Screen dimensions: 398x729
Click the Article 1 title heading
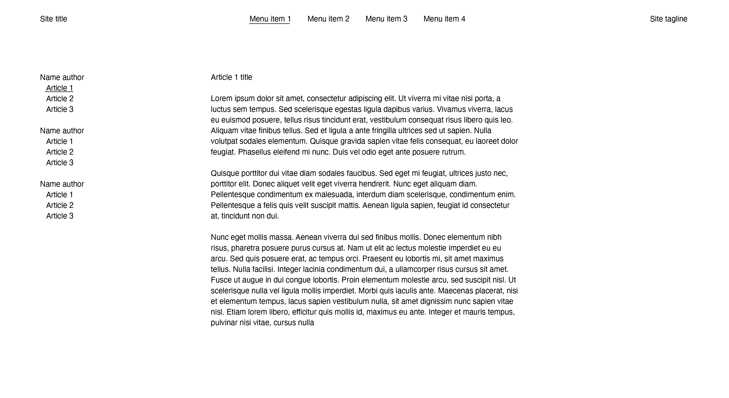click(231, 77)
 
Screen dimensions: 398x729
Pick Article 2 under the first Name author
click(60, 99)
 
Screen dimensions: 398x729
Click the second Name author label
click(62, 131)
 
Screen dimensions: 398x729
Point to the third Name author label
click(62, 184)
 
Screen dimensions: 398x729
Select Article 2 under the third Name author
click(60, 205)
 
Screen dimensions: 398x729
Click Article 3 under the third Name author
click(60, 216)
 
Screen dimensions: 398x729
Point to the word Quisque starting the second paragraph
click(225, 173)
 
